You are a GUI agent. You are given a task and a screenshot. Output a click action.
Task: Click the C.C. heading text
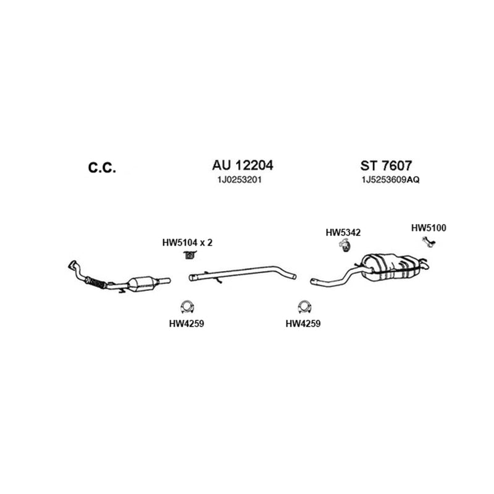102,167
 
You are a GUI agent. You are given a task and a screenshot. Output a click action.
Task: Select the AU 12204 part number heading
243,165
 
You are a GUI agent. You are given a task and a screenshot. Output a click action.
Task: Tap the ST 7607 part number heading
386,165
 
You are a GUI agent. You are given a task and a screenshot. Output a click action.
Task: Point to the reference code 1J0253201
240,180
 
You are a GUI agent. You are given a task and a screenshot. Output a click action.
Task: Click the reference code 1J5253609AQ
390,180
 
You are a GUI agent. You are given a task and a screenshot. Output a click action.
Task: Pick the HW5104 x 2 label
188,243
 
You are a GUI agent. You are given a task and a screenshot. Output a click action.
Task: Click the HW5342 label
343,233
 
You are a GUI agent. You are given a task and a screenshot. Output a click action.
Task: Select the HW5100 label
429,228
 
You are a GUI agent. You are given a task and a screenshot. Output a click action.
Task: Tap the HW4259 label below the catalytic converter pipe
186,324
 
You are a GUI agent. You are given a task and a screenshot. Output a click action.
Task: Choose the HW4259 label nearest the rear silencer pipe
303,324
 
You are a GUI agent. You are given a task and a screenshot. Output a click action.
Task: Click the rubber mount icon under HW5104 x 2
190,255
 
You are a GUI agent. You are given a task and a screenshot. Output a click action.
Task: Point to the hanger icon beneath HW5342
345,245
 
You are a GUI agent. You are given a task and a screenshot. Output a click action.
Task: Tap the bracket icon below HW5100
429,241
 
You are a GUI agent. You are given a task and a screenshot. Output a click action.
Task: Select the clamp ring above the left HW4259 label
187,307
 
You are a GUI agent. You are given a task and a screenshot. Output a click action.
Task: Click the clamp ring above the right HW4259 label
304,307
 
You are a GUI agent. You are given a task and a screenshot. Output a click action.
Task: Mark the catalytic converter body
143,284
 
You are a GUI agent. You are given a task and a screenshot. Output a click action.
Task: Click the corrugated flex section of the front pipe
97,283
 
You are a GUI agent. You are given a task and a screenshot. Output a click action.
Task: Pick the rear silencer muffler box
391,267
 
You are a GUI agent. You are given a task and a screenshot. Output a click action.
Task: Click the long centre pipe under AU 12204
243,273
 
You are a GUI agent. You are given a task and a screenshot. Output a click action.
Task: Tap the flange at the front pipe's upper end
72,265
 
